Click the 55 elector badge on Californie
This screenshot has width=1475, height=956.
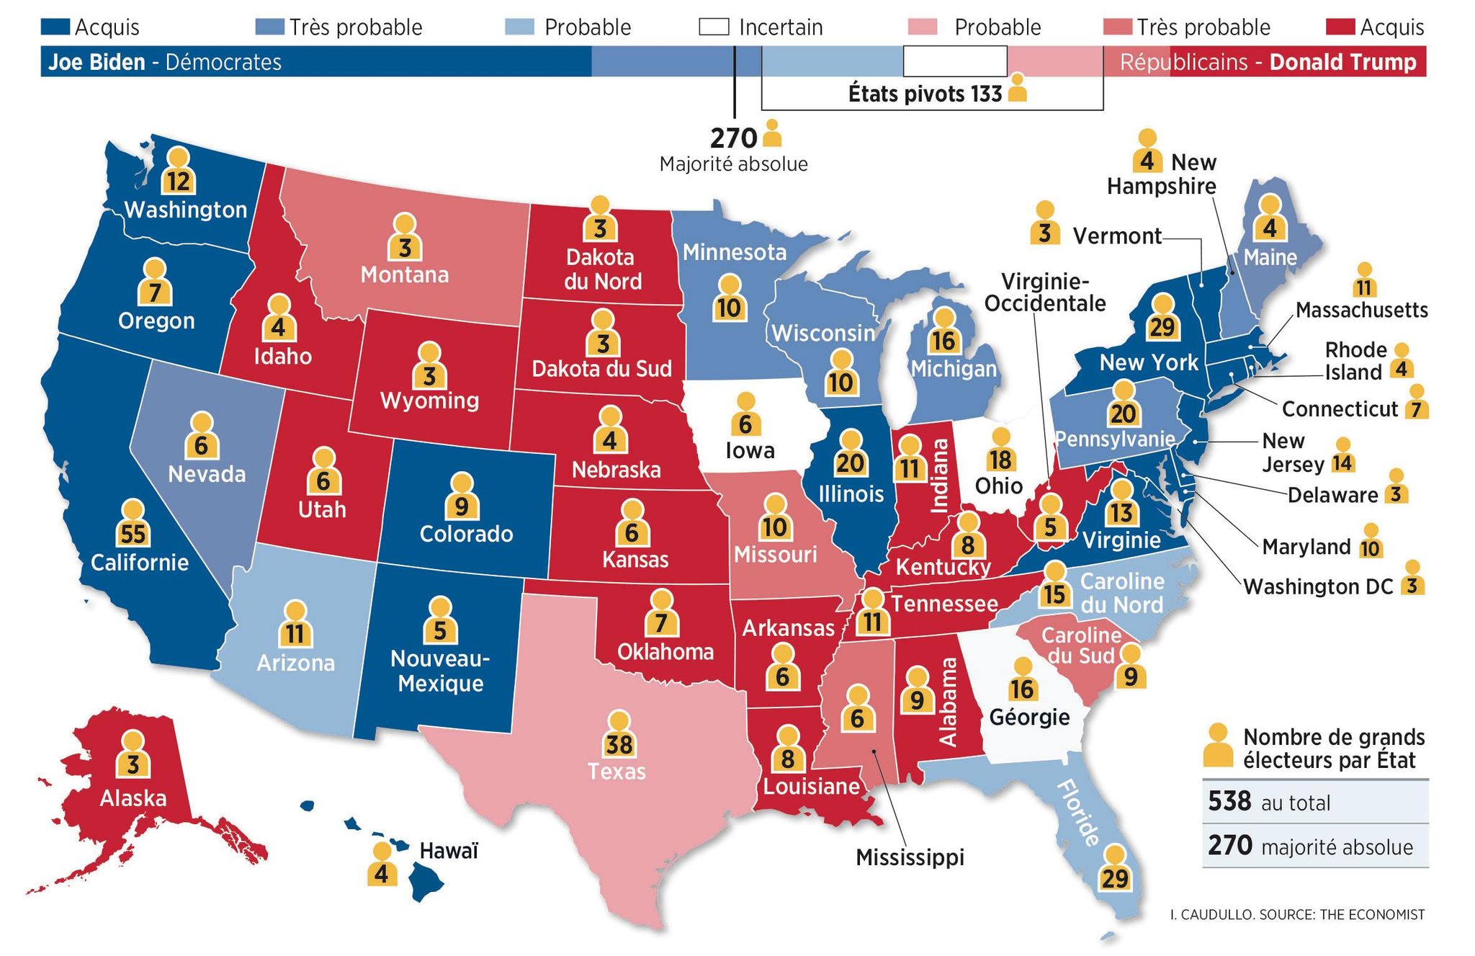133,533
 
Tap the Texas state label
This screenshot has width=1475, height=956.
617,772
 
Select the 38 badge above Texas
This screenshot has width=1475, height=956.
619,742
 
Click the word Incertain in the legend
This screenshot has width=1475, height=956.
781,27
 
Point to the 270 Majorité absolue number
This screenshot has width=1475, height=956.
733,138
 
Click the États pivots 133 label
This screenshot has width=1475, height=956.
925,94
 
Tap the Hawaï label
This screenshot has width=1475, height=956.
449,852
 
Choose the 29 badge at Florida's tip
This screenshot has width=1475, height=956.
1114,877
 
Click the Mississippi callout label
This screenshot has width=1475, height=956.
910,857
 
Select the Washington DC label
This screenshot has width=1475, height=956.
1318,586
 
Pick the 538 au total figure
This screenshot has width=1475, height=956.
1229,801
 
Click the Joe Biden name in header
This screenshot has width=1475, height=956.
97,62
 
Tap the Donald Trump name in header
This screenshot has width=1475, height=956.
1342,62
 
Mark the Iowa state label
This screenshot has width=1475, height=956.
750,451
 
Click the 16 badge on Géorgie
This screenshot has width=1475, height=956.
1022,689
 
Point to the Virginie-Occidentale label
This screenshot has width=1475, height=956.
1044,292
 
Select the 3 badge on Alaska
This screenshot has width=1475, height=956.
133,764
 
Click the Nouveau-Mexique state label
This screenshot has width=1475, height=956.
440,671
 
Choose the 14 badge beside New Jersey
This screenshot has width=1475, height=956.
1342,462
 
